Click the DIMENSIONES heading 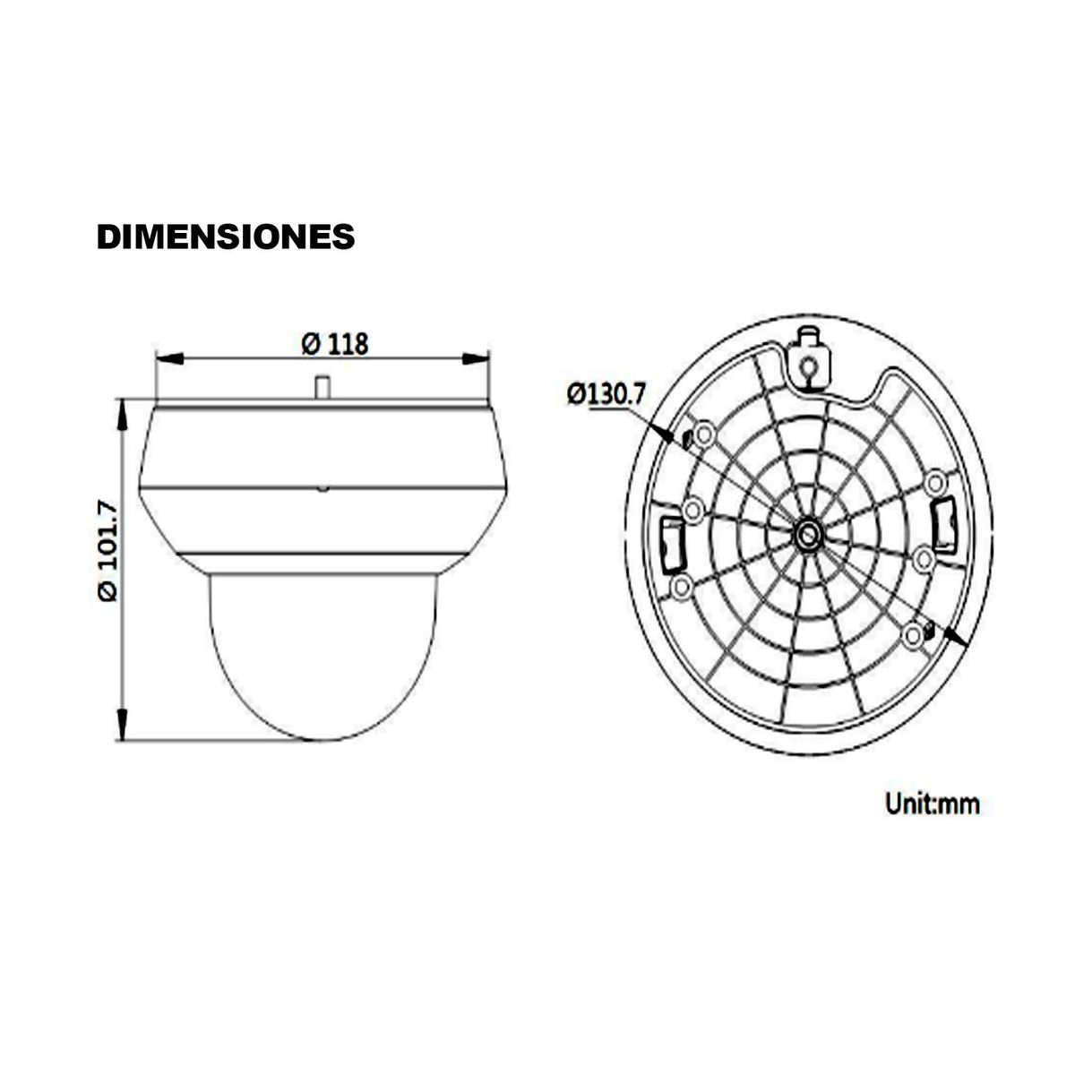[x=225, y=236]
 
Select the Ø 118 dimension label [x=335, y=343]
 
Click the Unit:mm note [x=933, y=804]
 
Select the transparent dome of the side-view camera [x=322, y=654]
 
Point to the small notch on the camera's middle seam [x=322, y=489]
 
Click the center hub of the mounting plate [x=809, y=534]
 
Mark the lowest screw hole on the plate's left [x=682, y=587]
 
